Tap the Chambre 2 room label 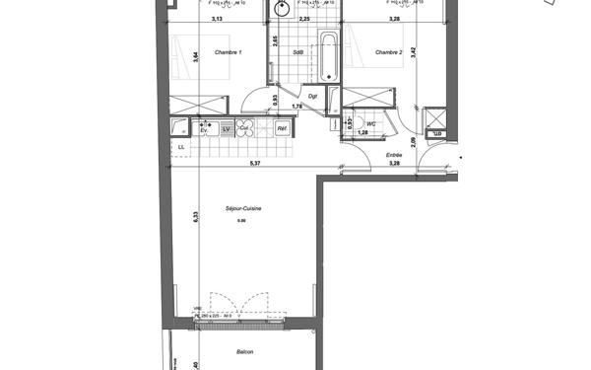pyautogui.click(x=388, y=51)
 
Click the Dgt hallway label pyautogui.click(x=312, y=96)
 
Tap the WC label pyautogui.click(x=371, y=123)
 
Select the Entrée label pyautogui.click(x=394, y=154)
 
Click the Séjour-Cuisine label pyautogui.click(x=241, y=208)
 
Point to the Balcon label pyautogui.click(x=245, y=352)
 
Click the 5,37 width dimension pyautogui.click(x=255, y=163)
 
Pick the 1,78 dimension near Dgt pyautogui.click(x=295, y=105)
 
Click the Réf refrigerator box pyautogui.click(x=282, y=128)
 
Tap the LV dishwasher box pyautogui.click(x=226, y=128)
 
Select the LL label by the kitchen pyautogui.click(x=180, y=148)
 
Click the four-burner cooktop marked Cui pyautogui.click(x=247, y=128)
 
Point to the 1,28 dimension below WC pyautogui.click(x=362, y=132)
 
